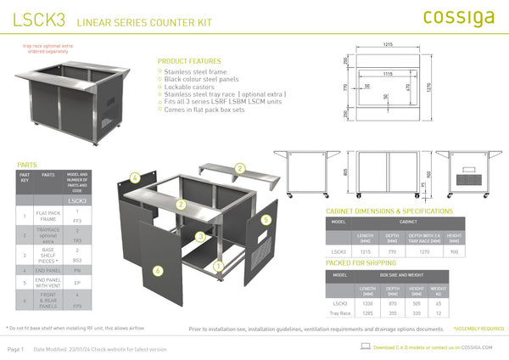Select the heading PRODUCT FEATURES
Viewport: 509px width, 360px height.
click(188, 61)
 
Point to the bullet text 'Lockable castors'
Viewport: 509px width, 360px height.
click(189, 86)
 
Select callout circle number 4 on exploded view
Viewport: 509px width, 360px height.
click(134, 177)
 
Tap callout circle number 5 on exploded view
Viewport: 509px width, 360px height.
click(266, 219)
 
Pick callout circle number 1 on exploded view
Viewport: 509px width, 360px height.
click(218, 265)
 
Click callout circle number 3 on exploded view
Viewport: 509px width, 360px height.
click(199, 235)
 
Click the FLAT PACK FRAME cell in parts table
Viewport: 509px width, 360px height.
click(48, 217)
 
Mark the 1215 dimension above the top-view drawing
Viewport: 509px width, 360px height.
click(387, 43)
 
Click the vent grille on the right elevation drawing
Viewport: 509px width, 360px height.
click(471, 181)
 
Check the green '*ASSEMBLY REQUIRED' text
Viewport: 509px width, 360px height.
click(478, 328)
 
